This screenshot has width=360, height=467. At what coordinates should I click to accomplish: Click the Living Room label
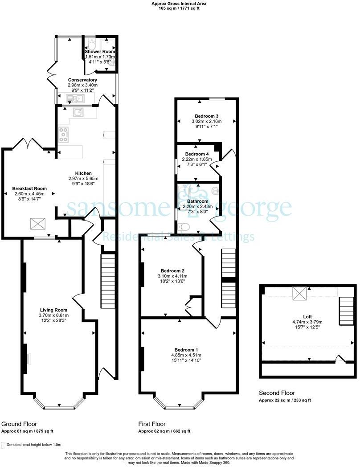coord(53,310)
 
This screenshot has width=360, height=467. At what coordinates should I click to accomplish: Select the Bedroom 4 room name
coord(197,154)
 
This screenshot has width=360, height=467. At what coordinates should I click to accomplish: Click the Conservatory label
coord(82,80)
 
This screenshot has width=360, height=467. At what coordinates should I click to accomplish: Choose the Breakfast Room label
coord(30,188)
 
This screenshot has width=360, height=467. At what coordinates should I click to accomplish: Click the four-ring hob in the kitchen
coord(63,135)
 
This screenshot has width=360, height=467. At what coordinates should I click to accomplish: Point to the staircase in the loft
coord(346,311)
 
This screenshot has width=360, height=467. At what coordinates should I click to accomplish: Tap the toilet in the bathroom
coord(183,227)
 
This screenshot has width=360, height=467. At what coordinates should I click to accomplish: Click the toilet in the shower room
coord(92,45)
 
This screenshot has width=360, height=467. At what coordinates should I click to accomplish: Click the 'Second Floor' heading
coord(277,393)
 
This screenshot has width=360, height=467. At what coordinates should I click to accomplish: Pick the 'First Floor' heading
coord(152,424)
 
